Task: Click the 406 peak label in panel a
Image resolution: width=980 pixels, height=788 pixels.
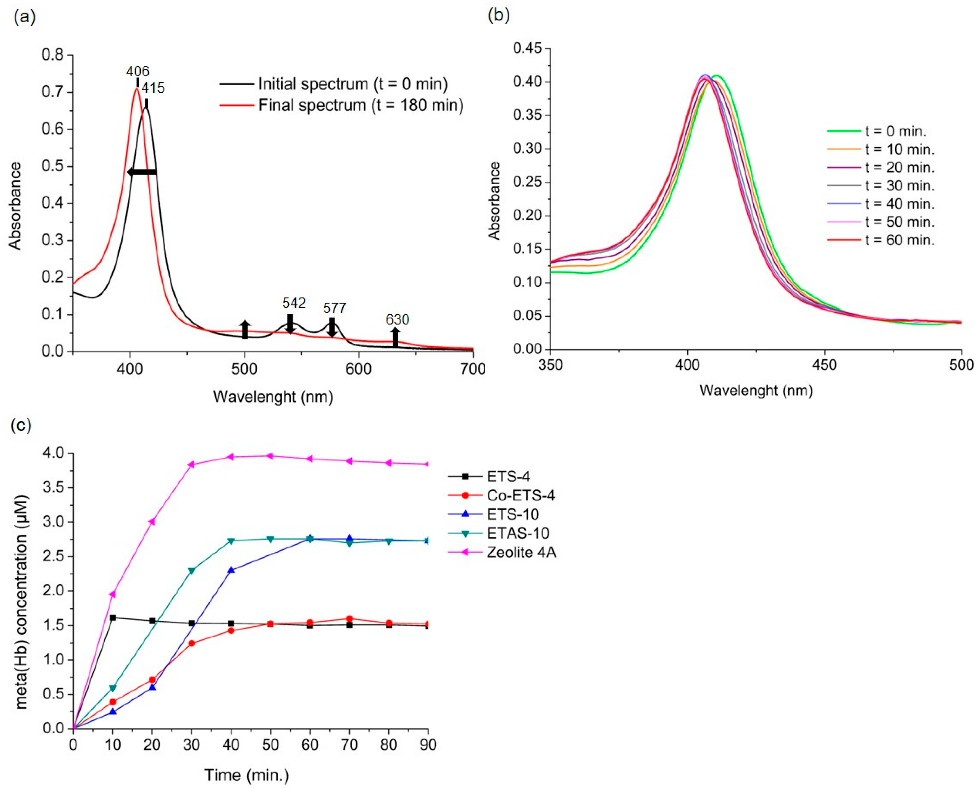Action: pos(138,71)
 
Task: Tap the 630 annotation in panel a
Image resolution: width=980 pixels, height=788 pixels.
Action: pos(397,320)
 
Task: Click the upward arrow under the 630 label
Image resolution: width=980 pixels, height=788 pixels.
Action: pos(395,337)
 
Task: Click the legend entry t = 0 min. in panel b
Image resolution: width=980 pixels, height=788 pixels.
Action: pos(895,131)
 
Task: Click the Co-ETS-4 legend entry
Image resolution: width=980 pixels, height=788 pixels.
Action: pos(521,495)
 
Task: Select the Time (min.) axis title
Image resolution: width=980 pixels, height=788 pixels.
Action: pos(246,774)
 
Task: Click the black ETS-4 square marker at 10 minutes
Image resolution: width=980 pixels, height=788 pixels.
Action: pos(113,617)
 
